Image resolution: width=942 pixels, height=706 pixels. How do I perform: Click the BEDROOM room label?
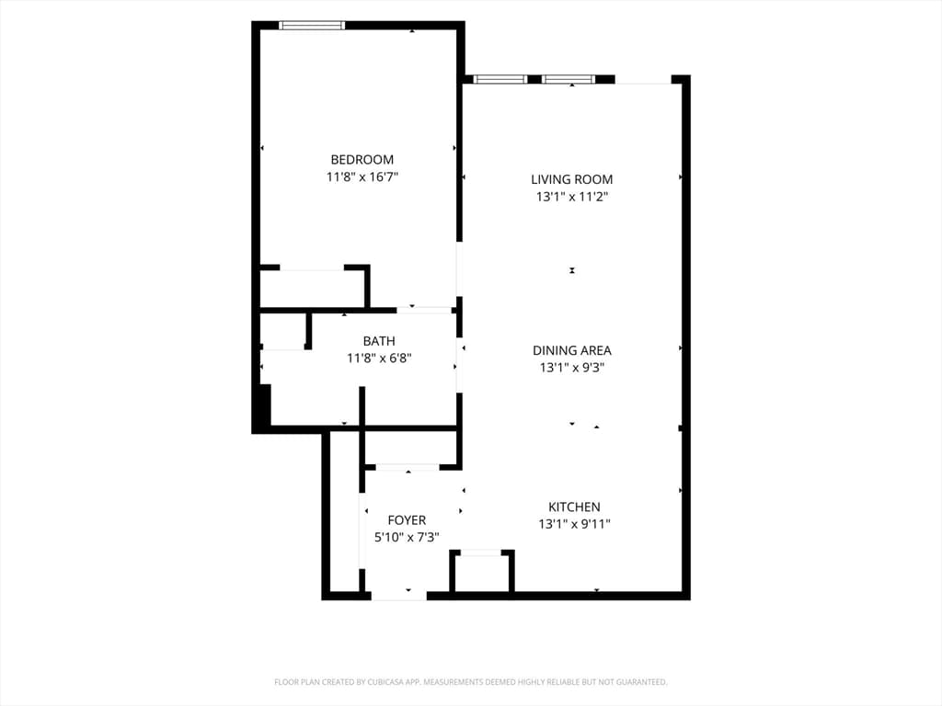pyautogui.click(x=362, y=160)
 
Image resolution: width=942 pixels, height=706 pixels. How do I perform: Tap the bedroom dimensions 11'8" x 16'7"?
pyautogui.click(x=362, y=177)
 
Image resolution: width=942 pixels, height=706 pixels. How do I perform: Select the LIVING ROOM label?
pyautogui.click(x=572, y=179)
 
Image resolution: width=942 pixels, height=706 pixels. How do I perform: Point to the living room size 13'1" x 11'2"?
pyautogui.click(x=572, y=197)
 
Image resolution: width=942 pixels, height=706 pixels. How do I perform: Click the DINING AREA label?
pyautogui.click(x=572, y=350)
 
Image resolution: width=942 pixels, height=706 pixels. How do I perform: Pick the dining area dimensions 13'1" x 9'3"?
pyautogui.click(x=572, y=368)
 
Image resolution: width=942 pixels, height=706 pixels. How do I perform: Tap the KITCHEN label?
pyautogui.click(x=574, y=507)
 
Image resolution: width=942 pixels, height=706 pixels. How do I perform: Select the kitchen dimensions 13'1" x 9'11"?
pyautogui.click(x=574, y=524)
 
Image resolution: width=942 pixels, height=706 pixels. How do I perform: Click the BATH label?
pyautogui.click(x=379, y=342)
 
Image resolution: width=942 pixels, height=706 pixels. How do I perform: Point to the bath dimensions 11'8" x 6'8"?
pyautogui.click(x=379, y=359)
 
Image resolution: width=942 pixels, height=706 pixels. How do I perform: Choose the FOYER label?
pyautogui.click(x=407, y=520)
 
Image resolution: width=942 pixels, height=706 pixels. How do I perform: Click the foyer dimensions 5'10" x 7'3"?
pyautogui.click(x=407, y=537)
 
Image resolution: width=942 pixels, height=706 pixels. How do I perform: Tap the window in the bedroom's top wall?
pyautogui.click(x=312, y=25)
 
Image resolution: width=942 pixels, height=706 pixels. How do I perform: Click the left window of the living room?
pyautogui.click(x=500, y=79)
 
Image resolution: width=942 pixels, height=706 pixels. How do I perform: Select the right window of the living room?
pyautogui.click(x=568, y=79)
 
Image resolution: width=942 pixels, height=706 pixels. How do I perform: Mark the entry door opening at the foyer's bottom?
pyautogui.click(x=399, y=596)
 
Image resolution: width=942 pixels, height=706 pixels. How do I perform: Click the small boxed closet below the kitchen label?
pyautogui.click(x=482, y=571)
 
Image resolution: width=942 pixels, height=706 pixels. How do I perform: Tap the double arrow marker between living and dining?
pyautogui.click(x=572, y=271)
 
